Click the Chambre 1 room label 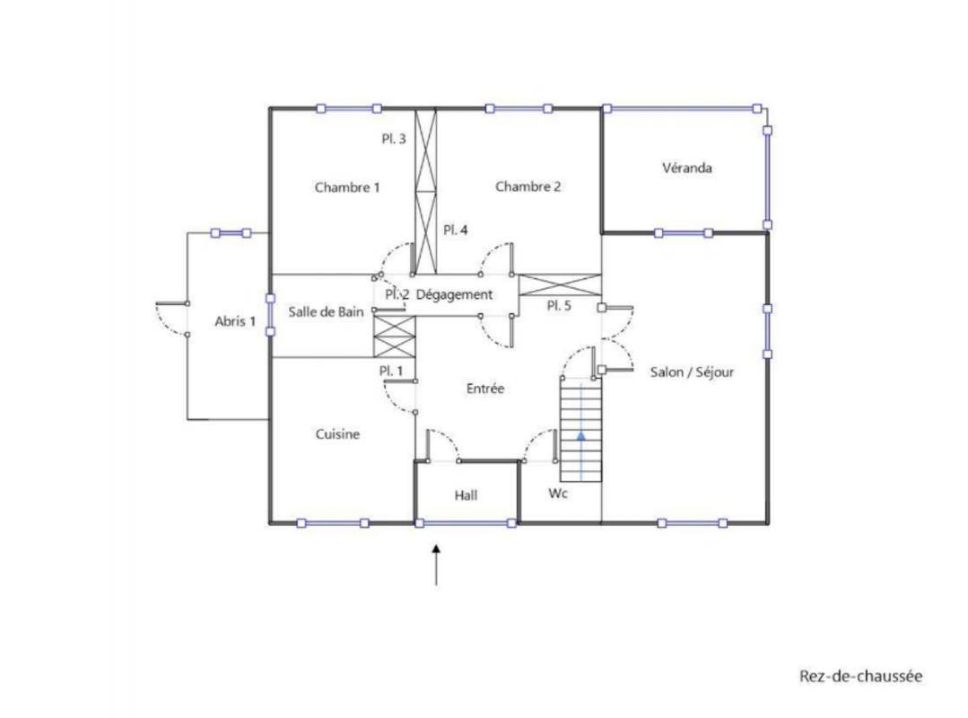pos(347,187)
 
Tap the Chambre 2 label pos(528,187)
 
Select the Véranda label pos(687,168)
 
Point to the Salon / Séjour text pos(692,372)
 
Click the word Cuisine pos(337,434)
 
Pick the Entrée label pos(485,389)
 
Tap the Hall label pos(467,495)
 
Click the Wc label pos(557,494)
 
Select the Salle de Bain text pos(326,311)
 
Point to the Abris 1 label pos(235,321)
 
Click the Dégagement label pos(454,294)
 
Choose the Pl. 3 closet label pos(394,139)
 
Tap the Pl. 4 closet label pos(456,230)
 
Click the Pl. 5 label pos(559,305)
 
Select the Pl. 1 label pos(391,371)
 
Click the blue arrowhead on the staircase pos(581,435)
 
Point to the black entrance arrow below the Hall pos(437,565)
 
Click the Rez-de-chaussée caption pos(860,676)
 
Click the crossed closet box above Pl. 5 pos(559,285)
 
